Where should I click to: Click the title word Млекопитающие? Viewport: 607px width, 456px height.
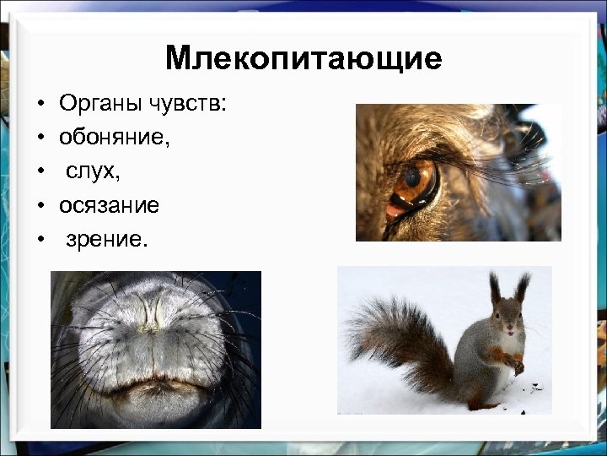pos(303,58)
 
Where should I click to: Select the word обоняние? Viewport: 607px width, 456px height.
pos(113,138)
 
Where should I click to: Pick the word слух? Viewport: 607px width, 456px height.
pos(93,171)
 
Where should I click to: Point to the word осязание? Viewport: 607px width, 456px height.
pos(108,205)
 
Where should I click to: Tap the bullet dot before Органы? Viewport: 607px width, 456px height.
pos(40,105)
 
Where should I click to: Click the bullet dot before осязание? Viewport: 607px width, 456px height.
pos(40,206)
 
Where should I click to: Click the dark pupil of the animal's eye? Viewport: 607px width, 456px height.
pos(412,177)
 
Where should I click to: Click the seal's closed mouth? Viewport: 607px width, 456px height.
pos(156,390)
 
